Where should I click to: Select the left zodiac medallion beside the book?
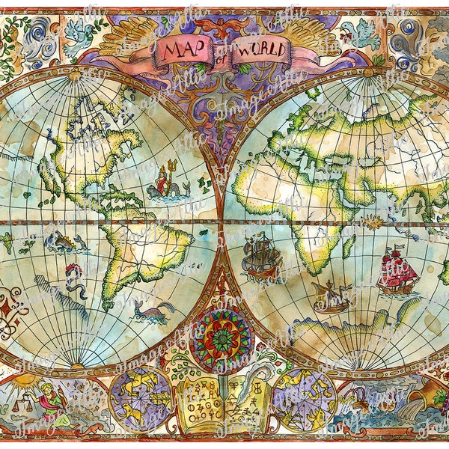click(140, 400)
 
